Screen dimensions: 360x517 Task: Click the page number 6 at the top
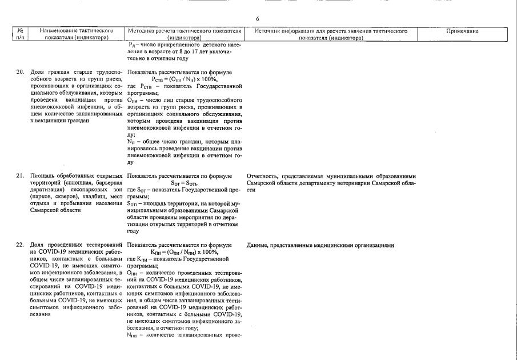258,19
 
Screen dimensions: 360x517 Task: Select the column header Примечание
466,31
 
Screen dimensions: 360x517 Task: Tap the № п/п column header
19,34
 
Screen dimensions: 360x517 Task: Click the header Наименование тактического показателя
76,34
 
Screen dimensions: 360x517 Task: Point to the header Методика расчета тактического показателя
185,34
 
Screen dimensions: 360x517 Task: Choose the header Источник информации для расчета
331,34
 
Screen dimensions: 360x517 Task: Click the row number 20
19,73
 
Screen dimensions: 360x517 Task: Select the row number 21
19,176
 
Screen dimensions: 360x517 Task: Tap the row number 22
19,245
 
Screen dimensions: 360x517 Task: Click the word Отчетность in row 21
262,176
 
